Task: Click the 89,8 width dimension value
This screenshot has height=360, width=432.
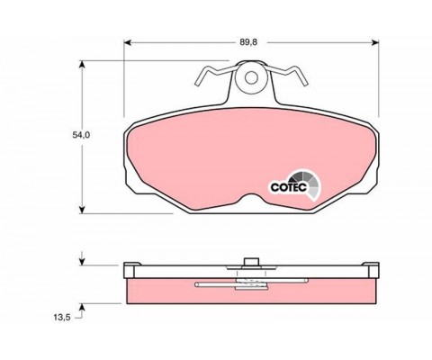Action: tap(248, 42)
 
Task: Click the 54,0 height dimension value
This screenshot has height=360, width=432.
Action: tap(81, 135)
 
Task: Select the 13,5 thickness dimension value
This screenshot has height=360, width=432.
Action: tap(62, 318)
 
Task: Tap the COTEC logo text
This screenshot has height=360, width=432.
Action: tap(289, 187)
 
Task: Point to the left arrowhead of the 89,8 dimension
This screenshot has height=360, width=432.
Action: tap(128, 42)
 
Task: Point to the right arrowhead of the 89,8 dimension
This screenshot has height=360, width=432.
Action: tap(375, 42)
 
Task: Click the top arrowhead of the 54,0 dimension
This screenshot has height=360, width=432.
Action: tap(82, 64)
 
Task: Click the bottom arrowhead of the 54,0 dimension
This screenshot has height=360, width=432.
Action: tap(82, 210)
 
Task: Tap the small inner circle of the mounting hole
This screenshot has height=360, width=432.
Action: tap(251, 78)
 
